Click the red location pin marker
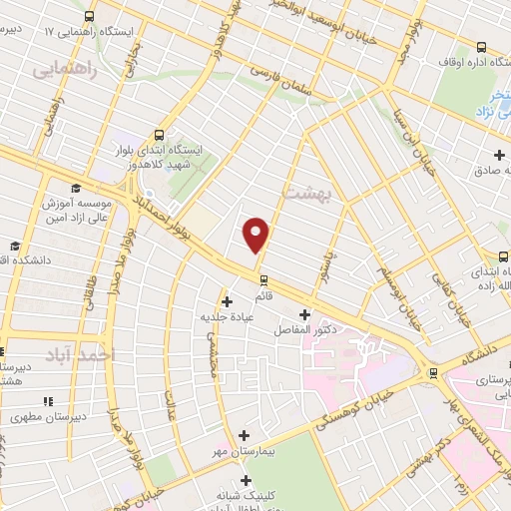[257, 234]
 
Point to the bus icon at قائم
[263, 280]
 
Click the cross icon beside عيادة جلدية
[228, 300]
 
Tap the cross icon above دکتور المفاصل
[303, 315]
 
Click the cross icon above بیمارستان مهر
[246, 435]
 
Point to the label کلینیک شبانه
[246, 494]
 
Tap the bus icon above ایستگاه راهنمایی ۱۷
[90, 16]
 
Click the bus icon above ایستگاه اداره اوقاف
[483, 47]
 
